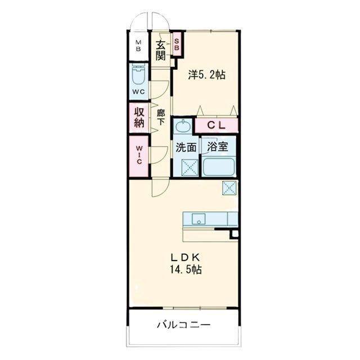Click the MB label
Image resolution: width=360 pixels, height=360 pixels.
138,46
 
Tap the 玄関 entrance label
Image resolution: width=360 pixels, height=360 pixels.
160,50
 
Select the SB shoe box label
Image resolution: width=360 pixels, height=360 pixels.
177,44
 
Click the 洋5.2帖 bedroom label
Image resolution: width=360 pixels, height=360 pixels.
206,75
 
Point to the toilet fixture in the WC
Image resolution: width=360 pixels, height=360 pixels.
138,75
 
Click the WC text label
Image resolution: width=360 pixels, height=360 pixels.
139,92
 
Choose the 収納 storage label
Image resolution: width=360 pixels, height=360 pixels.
139,118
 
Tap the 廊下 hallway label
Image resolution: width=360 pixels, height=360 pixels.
160,118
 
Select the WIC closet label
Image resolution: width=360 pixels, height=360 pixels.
139,155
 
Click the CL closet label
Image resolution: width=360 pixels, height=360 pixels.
216,125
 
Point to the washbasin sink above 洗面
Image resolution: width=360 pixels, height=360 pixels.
183,126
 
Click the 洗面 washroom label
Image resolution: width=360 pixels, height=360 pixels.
186,147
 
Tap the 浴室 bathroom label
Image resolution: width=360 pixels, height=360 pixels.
218,147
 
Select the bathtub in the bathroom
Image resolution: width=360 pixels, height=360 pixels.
219,166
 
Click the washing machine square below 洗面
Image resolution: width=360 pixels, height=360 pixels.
190,168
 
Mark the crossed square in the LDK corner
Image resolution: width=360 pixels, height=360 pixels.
229,188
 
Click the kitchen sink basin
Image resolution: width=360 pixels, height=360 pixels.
199,219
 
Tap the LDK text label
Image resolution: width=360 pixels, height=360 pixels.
184,258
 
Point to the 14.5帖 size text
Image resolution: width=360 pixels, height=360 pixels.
186,269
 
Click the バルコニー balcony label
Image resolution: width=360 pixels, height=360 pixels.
184,325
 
